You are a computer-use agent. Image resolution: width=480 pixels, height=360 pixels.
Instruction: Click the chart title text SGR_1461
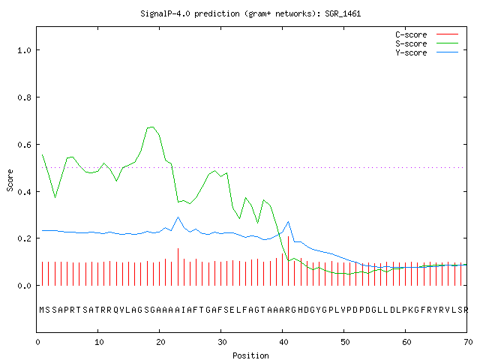(343, 13)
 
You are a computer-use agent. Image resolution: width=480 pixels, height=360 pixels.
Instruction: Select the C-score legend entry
(427, 34)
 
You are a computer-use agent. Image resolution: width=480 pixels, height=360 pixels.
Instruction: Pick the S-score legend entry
(427, 43)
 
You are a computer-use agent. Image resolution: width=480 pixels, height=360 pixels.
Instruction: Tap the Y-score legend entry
(427, 52)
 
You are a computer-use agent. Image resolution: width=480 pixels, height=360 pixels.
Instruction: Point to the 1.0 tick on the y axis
(24, 50)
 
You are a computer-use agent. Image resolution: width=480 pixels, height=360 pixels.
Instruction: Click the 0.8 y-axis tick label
(24, 97)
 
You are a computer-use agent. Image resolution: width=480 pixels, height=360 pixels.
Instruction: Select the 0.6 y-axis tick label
(24, 145)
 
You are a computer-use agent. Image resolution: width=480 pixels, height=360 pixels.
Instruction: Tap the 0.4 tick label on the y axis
(24, 192)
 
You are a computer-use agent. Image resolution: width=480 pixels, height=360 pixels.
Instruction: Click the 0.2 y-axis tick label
(24, 238)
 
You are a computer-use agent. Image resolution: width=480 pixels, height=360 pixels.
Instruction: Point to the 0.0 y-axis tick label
(24, 286)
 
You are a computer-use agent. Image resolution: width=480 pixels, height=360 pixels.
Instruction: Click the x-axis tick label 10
(99, 342)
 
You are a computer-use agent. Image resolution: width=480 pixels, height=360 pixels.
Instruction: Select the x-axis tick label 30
(222, 342)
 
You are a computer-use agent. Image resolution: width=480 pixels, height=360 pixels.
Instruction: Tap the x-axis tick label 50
(345, 342)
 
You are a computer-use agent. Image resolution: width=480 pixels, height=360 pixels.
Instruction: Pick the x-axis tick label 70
(468, 342)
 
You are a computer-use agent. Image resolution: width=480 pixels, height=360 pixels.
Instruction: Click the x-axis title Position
(250, 355)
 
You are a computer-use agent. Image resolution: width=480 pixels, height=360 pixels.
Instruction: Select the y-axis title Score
(10, 180)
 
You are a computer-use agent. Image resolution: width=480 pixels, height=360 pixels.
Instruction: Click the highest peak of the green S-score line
(151, 127)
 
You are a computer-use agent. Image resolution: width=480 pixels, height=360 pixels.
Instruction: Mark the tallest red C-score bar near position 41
(288, 261)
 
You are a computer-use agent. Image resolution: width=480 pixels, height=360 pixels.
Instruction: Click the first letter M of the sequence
(42, 310)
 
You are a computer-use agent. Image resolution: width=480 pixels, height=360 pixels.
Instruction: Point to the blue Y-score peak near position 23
(178, 217)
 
